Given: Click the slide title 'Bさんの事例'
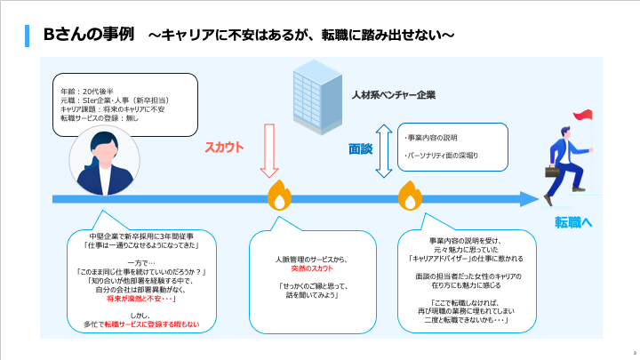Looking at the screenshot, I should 89,35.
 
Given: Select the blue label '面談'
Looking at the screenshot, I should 359,150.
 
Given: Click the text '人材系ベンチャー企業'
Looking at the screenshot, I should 394,94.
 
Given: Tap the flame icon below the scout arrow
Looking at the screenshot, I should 277,196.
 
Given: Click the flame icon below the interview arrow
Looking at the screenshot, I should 409,195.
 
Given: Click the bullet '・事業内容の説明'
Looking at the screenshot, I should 430,138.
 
